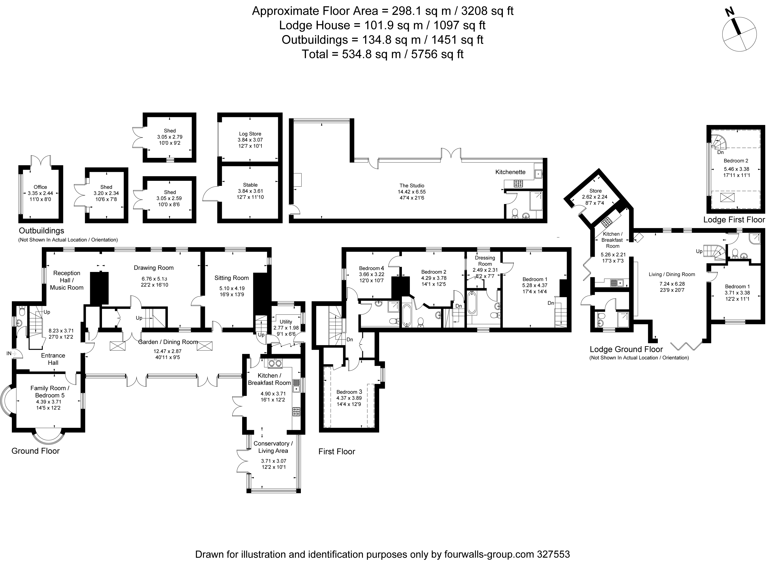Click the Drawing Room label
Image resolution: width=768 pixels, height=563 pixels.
click(154, 268)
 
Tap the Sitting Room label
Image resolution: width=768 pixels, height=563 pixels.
click(232, 278)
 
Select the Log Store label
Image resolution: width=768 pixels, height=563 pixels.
click(250, 134)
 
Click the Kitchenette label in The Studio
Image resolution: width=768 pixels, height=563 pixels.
click(510, 172)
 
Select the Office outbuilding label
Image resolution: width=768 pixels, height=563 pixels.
click(40, 187)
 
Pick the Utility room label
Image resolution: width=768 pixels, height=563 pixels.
click(286, 322)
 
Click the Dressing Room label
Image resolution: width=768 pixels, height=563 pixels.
click(485, 261)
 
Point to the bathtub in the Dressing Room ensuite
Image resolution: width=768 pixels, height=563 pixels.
click(472, 302)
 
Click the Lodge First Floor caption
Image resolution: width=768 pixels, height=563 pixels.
click(734, 220)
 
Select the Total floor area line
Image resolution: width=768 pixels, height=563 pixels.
click(383, 54)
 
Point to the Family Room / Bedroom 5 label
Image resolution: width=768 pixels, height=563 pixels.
click(50, 392)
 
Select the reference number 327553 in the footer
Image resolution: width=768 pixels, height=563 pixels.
click(553, 554)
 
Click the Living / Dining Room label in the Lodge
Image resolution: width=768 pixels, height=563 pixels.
click(672, 274)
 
